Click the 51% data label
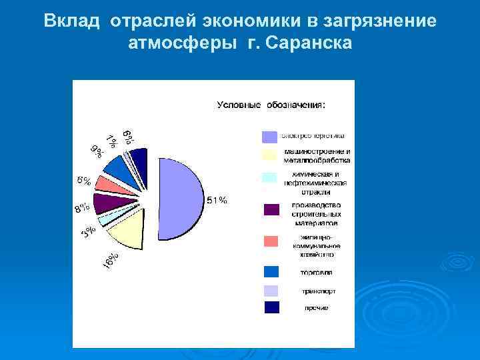pyautogui.click(x=217, y=200)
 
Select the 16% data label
pyautogui.click(x=111, y=261)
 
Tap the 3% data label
pyautogui.click(x=88, y=231)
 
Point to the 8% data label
pyautogui.click(x=81, y=209)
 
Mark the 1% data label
pyautogui.click(x=111, y=141)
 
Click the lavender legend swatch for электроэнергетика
pyautogui.click(x=269, y=137)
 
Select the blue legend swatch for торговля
pyautogui.click(x=271, y=272)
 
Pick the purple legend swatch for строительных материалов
pyautogui.click(x=271, y=209)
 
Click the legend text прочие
pyautogui.click(x=317, y=308)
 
